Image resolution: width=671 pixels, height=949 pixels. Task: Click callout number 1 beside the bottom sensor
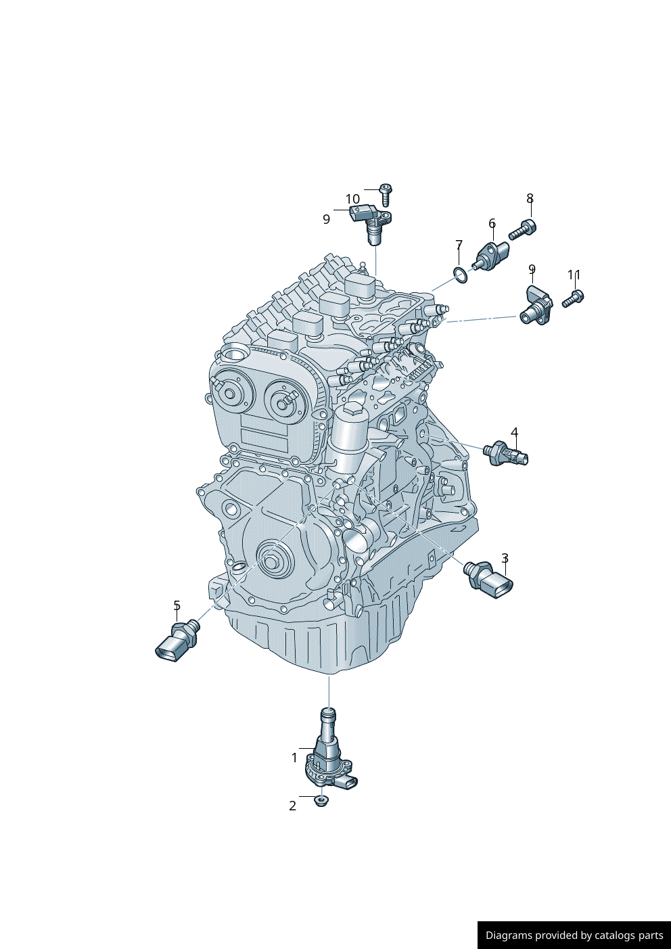point(294,758)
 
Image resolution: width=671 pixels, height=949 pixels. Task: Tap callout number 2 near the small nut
point(293,806)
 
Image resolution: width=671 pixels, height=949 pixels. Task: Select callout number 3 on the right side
point(505,559)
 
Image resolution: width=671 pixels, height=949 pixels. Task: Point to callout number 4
point(514,432)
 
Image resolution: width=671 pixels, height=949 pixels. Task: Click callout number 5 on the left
point(177,605)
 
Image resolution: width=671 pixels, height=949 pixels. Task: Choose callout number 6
point(492,223)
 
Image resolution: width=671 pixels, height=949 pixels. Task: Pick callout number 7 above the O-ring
point(459,244)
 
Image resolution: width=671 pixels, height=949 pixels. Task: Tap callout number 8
point(530,198)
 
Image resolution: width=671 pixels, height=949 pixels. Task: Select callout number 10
point(352,199)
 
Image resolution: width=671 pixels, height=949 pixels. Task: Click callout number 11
point(574,275)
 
